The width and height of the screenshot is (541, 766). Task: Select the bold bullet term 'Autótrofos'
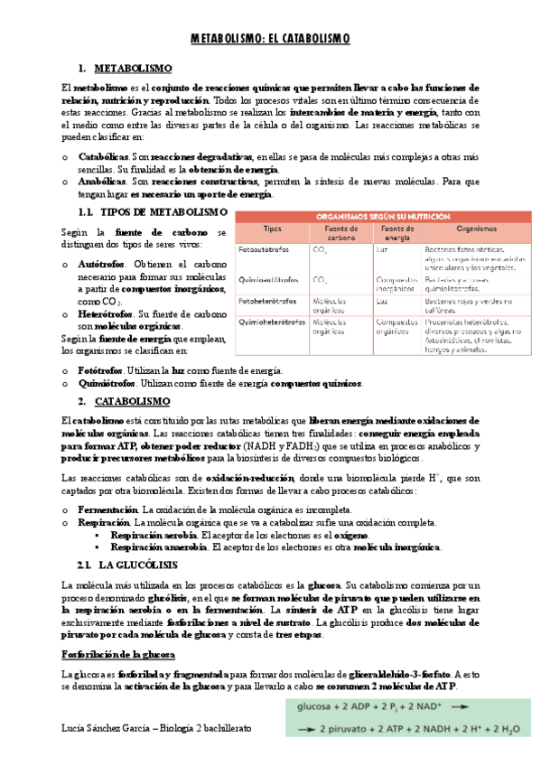(102, 264)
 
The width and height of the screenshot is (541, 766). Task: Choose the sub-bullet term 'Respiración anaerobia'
(154, 546)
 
